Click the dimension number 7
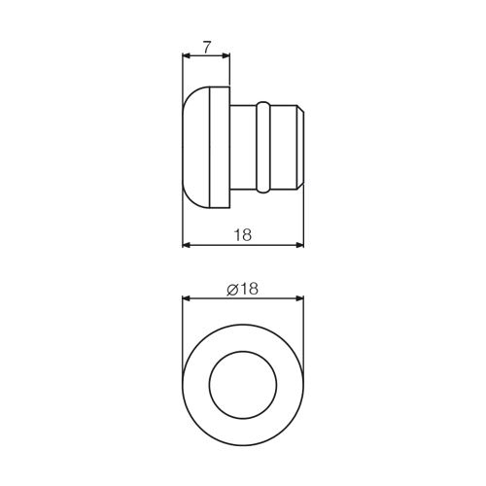click(x=207, y=48)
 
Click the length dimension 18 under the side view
click(x=243, y=235)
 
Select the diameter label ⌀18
click(x=242, y=289)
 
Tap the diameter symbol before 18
click(x=232, y=289)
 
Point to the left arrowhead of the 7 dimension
click(x=186, y=55)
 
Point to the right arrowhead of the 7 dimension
click(x=226, y=55)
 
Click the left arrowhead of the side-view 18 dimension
click(x=186, y=245)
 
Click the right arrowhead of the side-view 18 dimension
click(x=300, y=245)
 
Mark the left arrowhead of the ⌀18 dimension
click(x=186, y=298)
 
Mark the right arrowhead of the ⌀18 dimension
click(x=300, y=298)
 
